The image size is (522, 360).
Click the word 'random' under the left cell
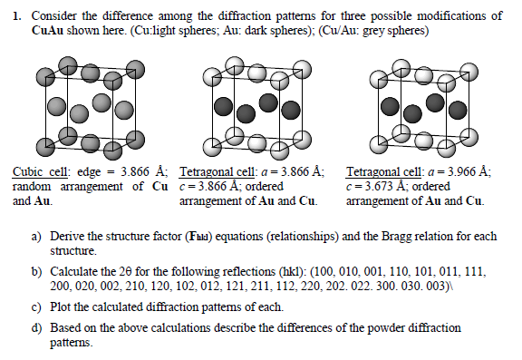click(x=34, y=186)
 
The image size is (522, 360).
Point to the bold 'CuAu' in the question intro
click(x=47, y=31)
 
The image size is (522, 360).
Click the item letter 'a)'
click(x=38, y=236)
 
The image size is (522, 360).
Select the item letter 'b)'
click(x=38, y=271)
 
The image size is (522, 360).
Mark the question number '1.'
click(x=18, y=16)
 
